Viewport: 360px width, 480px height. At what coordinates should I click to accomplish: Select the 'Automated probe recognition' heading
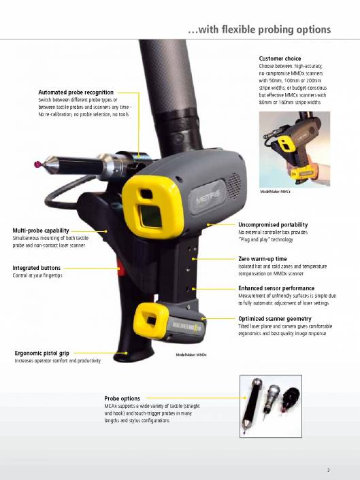coord(76,92)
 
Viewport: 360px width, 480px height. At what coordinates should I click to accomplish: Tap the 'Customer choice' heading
coord(280,58)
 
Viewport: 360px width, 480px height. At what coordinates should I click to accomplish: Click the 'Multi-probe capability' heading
coord(41,230)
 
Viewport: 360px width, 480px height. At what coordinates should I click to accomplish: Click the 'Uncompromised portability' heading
coord(273,224)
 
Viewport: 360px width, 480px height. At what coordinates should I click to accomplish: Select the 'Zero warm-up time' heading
coord(262,259)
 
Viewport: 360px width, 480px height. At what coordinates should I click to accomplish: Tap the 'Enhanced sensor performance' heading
coord(276,289)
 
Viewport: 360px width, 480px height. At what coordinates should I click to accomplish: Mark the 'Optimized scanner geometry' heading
coord(275,318)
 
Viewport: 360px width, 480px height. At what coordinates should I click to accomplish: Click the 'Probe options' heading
coord(122,398)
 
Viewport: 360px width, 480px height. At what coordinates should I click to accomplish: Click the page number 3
coord(327,470)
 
